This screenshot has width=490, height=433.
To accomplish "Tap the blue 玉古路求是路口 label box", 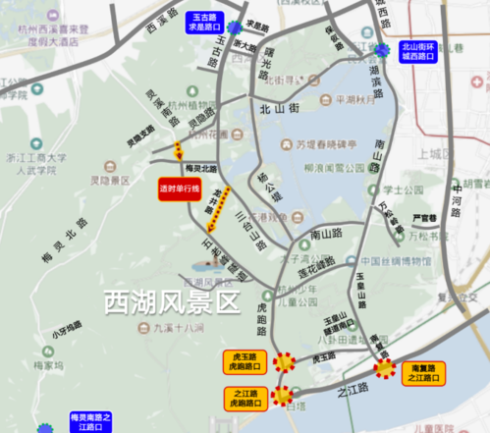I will (x=203, y=21).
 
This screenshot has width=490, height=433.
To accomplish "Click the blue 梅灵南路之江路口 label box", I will (x=91, y=422).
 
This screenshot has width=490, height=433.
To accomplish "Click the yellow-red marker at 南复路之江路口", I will (x=387, y=370).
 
